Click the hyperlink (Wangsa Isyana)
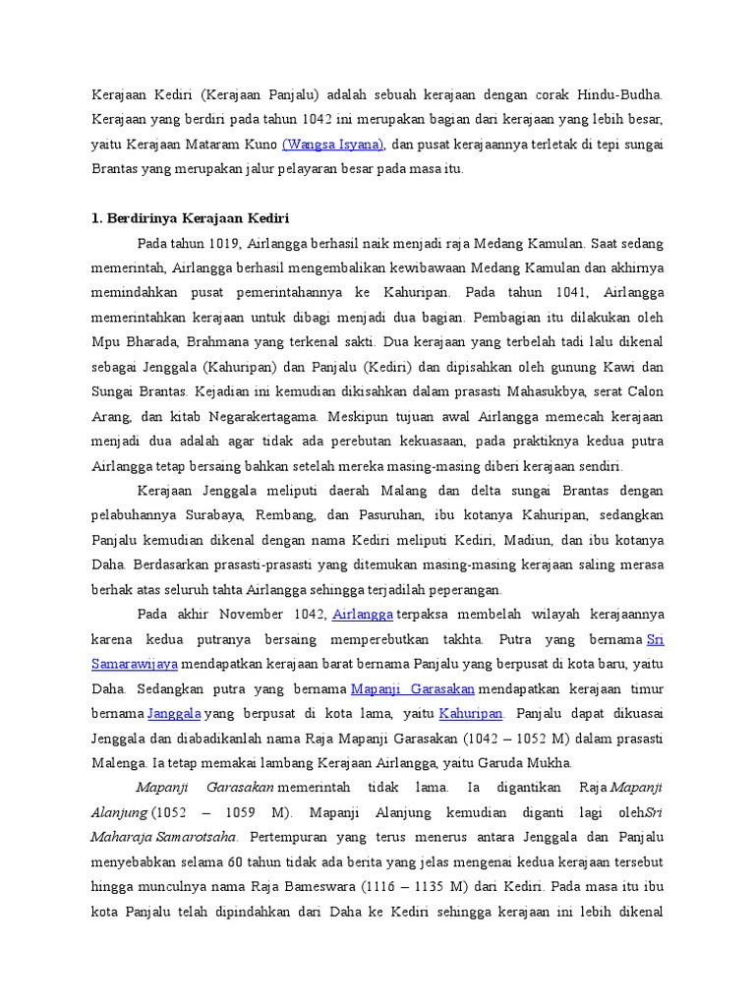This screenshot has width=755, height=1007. pyautogui.click(x=332, y=145)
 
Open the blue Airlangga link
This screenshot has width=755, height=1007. pyautogui.click(x=363, y=615)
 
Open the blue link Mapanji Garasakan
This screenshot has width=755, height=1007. pyautogui.click(x=413, y=688)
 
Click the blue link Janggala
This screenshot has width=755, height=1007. pyautogui.click(x=174, y=713)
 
